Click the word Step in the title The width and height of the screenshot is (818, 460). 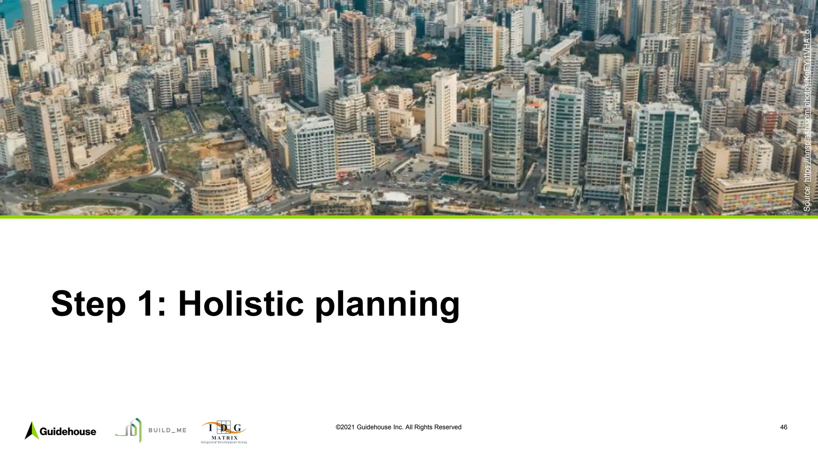(88, 304)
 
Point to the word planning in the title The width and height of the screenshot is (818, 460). (387, 305)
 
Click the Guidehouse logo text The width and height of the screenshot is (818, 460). (68, 432)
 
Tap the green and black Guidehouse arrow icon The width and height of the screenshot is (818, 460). (32, 430)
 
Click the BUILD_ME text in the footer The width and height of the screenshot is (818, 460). (167, 430)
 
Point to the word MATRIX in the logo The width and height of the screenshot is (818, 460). (224, 438)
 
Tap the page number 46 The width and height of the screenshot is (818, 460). (784, 427)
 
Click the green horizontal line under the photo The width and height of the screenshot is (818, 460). (409, 217)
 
